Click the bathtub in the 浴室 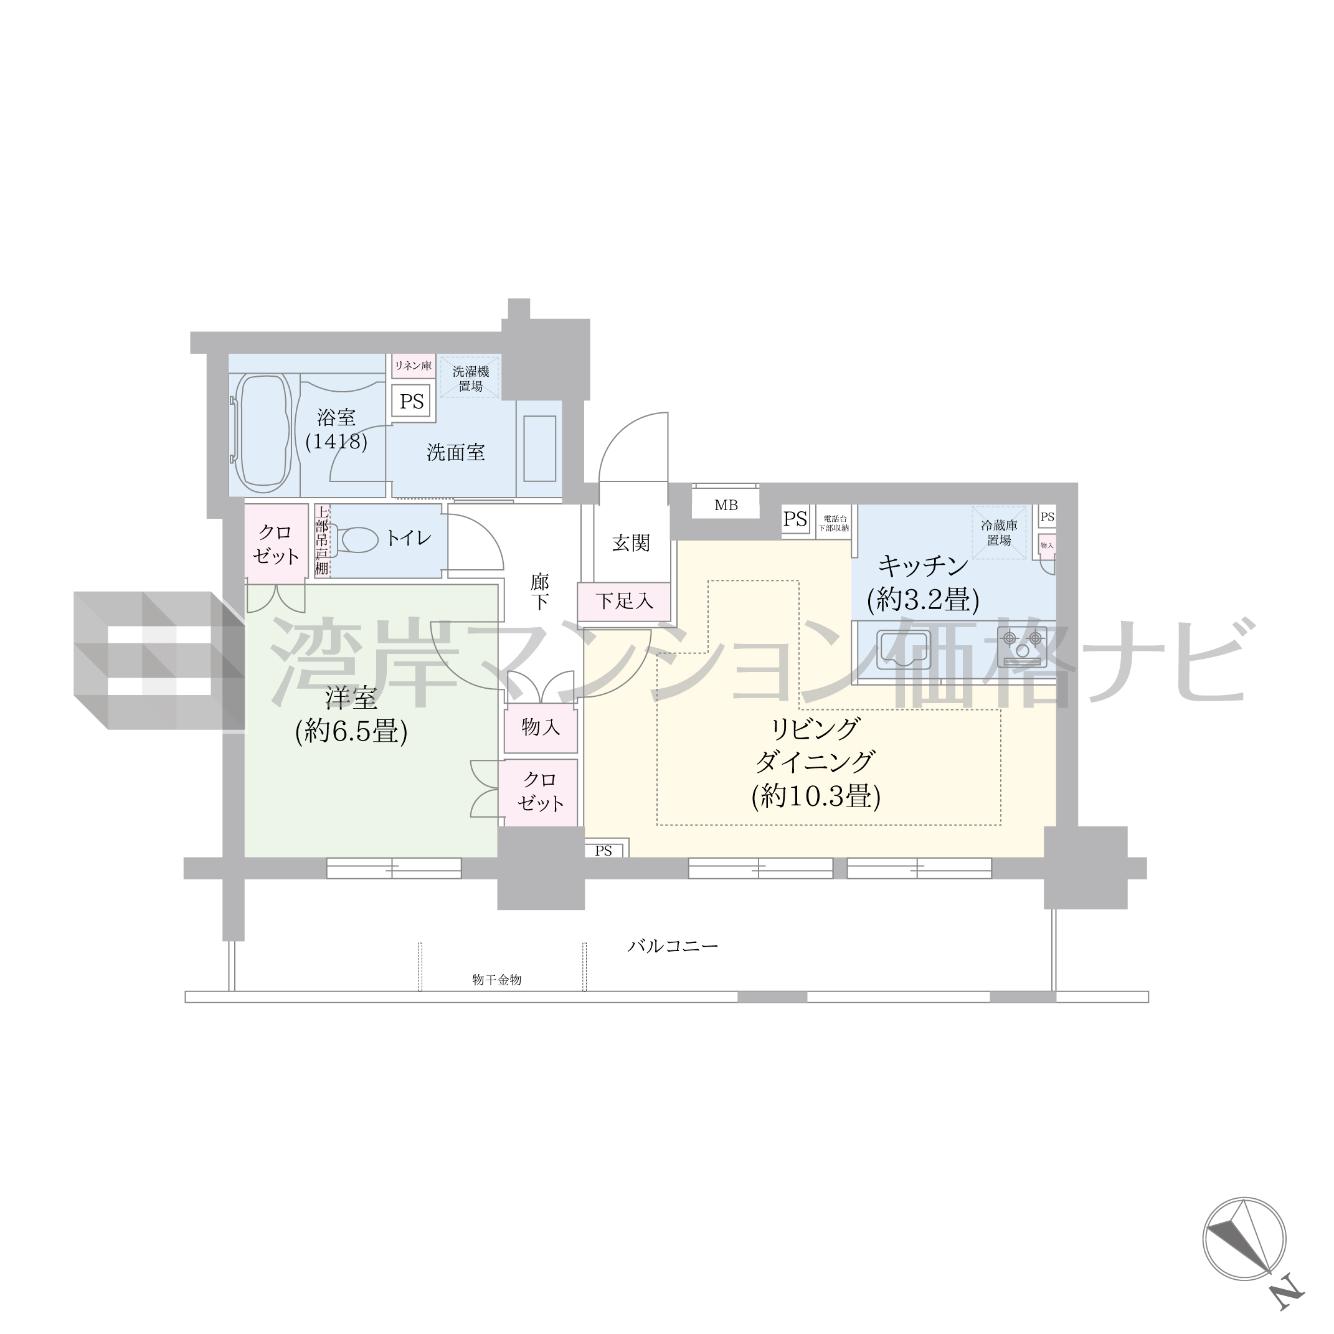pos(263,432)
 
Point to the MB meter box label pos(726,506)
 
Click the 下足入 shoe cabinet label pos(625,601)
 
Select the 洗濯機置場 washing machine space pos(470,377)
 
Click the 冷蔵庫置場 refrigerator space pos(999,532)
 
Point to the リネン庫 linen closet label pos(413,366)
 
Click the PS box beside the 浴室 pos(412,402)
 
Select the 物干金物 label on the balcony pos(496,980)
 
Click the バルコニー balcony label pos(673,946)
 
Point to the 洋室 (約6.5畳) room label pos(351,715)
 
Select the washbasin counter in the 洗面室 pos(539,449)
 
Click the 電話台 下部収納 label pos(834,523)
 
